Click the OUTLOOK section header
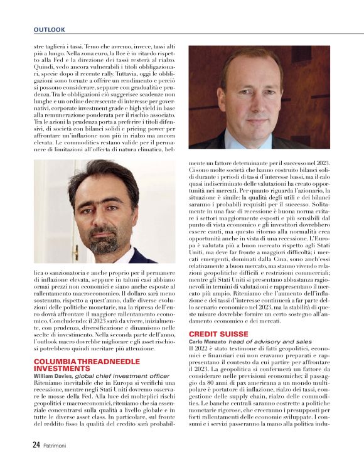pyautogui.click(x=49, y=30)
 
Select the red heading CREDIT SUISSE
pyautogui.click(x=218, y=333)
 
